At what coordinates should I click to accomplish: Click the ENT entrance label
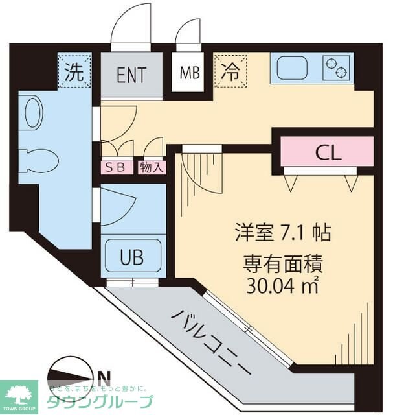point(131,73)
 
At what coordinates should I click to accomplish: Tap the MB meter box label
point(189,73)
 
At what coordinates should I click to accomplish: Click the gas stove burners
point(337,66)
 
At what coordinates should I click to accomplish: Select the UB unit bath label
point(131,254)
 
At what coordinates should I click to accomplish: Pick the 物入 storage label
point(151,167)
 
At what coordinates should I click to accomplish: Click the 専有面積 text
point(283,264)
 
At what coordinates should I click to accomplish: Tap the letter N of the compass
point(103,375)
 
